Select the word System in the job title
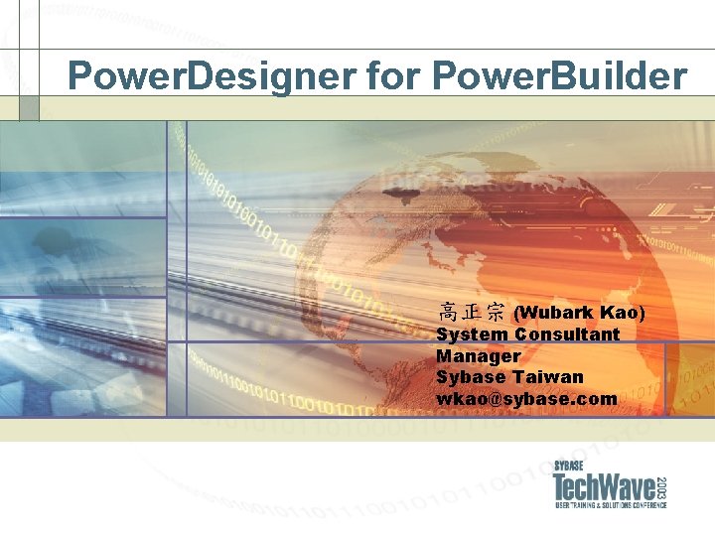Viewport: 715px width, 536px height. tap(472, 335)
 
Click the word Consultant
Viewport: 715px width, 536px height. tap(567, 335)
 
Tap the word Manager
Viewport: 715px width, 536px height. tap(479, 355)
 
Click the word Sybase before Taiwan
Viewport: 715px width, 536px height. tap(471, 377)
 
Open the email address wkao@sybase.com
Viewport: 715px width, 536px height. tap(526, 399)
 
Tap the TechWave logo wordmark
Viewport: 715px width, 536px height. tap(604, 487)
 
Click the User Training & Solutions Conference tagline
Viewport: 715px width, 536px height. tap(610, 505)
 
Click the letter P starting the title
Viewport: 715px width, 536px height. tap(80, 75)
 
